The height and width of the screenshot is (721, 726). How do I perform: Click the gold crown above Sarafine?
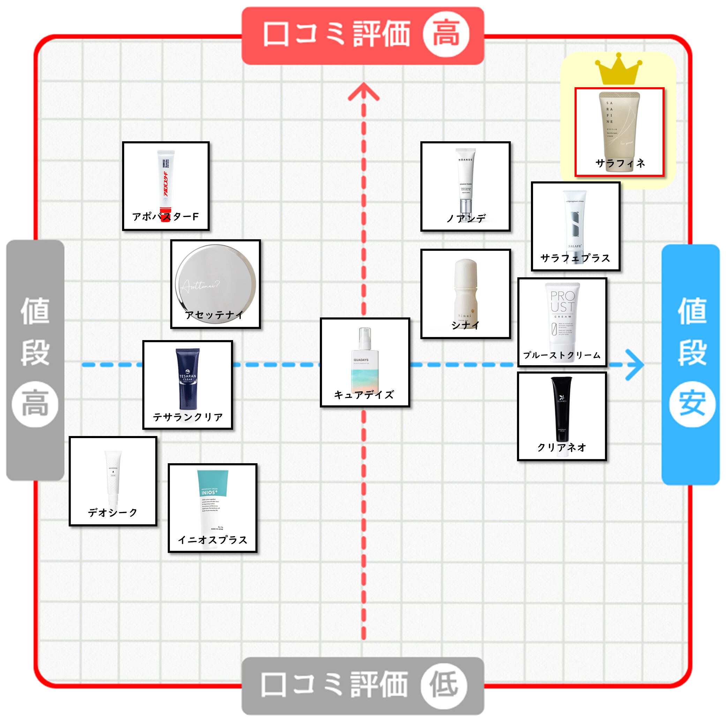[618, 70]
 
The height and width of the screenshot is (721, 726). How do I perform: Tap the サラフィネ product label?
[620, 163]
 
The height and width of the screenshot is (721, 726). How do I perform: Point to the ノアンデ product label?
[466, 218]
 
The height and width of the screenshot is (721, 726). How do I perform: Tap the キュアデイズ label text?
[364, 395]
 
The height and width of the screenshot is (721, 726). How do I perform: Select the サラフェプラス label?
[575, 258]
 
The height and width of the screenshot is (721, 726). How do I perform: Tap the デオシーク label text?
[113, 512]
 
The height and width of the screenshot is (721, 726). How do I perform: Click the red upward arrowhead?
[364, 92]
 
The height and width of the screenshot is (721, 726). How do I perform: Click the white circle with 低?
[444, 685]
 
